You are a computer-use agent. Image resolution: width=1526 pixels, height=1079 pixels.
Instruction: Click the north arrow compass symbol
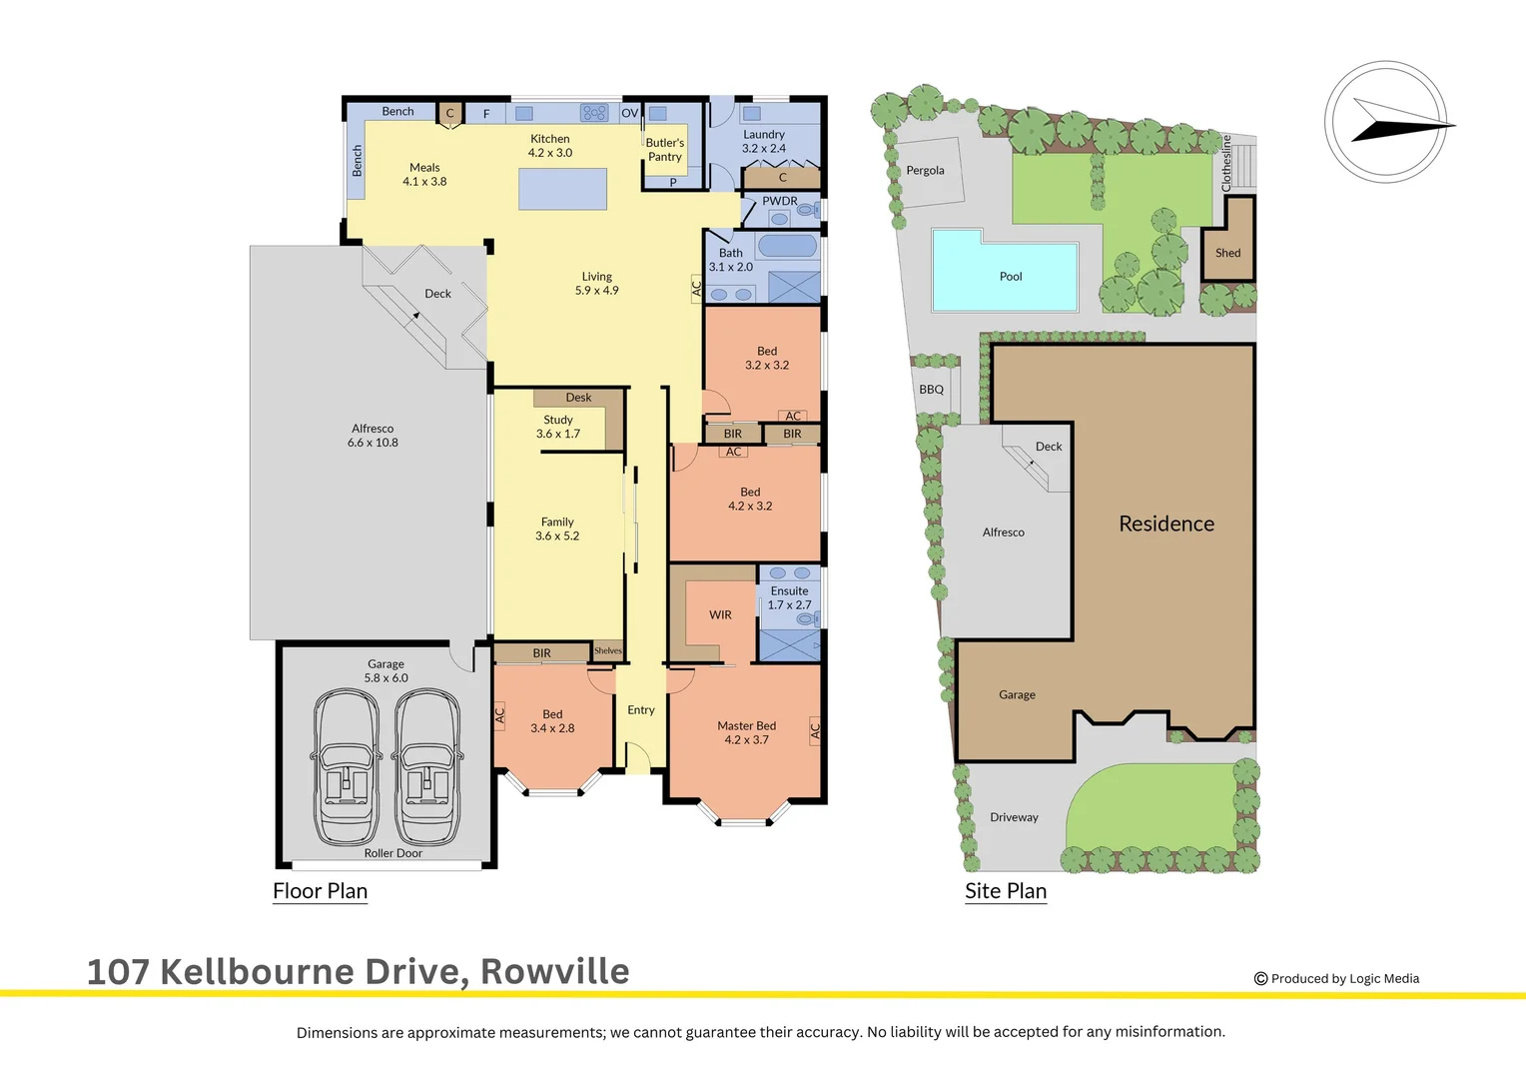pos(1387,123)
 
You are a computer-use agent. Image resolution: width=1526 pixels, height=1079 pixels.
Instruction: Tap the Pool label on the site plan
pos(1011,277)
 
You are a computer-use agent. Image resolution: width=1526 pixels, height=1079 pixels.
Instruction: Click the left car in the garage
pos(347,767)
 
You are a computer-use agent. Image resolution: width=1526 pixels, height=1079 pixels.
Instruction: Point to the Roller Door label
pos(392,853)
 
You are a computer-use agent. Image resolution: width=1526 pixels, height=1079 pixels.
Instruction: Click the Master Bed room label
pos(746,726)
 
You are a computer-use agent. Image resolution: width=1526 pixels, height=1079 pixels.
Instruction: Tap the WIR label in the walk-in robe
pos(720,615)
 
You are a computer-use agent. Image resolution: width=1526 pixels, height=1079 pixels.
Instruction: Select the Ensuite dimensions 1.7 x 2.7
pos(789,605)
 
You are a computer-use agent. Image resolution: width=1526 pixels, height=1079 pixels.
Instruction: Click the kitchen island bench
pos(562,189)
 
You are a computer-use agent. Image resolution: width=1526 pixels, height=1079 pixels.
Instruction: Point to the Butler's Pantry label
pos(664,150)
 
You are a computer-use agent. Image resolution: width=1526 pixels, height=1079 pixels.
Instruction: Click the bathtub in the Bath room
pos(787,246)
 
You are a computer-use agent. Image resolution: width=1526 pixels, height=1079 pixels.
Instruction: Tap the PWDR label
pos(780,201)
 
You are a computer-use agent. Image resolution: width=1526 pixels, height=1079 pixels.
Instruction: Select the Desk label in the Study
pos(578,398)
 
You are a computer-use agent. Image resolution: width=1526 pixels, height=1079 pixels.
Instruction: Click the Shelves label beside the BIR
pos(607,651)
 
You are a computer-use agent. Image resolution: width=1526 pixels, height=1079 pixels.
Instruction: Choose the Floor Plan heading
pos(321,891)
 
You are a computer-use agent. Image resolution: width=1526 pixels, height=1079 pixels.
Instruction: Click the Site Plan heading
pos(1006,891)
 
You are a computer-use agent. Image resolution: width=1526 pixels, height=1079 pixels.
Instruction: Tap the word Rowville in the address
pos(555,971)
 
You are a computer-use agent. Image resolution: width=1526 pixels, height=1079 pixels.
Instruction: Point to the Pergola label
pos(925,171)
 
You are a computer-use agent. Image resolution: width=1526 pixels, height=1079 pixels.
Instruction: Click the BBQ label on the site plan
pos(931,390)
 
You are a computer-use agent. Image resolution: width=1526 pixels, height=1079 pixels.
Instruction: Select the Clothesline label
pos(1227,163)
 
